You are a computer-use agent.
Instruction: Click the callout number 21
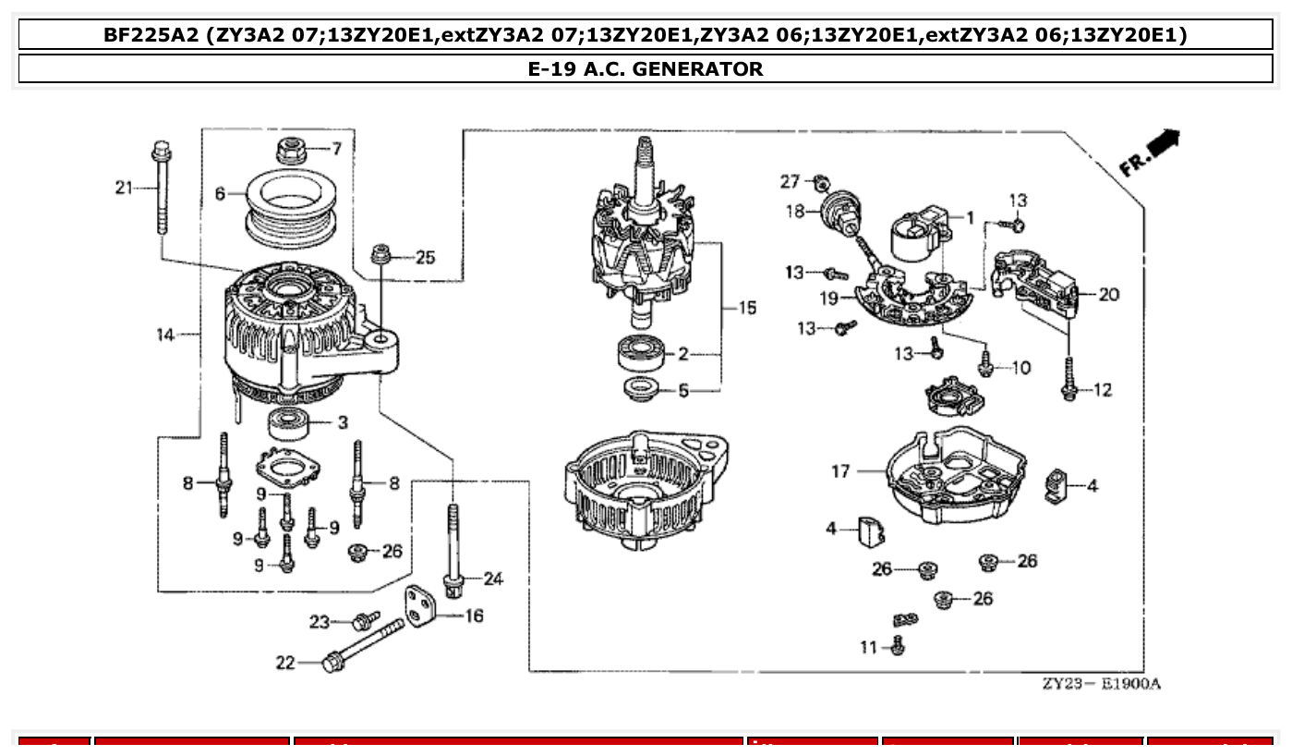[124, 189]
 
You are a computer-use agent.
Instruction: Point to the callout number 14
[164, 335]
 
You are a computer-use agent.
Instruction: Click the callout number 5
[683, 391]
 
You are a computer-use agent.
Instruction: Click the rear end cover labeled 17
[955, 476]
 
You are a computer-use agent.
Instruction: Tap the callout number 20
[1109, 295]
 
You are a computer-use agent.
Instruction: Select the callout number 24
[493, 579]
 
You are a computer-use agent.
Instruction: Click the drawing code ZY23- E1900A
[1101, 684]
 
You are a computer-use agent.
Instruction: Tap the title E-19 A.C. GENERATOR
[646, 68]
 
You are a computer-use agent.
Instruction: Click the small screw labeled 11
[898, 645]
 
